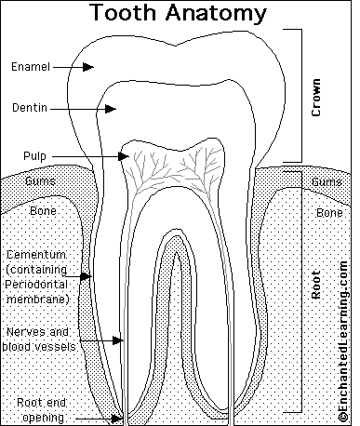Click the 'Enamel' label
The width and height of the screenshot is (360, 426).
(31, 67)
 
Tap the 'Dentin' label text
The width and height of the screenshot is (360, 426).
(30, 109)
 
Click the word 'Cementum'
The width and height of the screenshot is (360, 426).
(34, 255)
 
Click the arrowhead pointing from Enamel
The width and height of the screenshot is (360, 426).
(91, 67)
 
